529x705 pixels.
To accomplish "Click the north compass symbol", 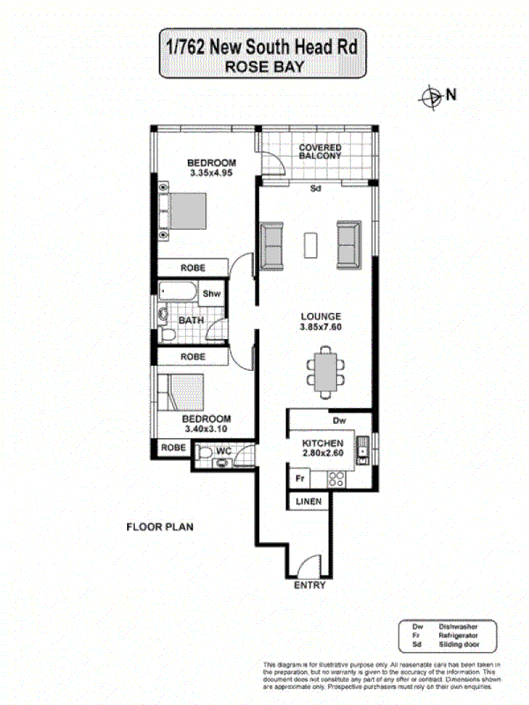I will click(432, 96).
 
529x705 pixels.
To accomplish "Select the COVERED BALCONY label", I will click(319, 152).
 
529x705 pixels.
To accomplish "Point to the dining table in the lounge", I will click(326, 367).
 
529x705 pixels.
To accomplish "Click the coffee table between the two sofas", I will click(310, 244).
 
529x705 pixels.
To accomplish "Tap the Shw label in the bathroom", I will click(212, 293).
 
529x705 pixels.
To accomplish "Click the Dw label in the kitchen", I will click(338, 420).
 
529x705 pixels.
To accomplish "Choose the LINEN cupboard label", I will click(309, 501).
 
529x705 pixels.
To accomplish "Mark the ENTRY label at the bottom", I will click(309, 585).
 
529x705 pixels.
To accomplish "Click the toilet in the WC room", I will click(205, 452).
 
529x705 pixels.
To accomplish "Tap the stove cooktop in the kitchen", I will click(336, 480).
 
